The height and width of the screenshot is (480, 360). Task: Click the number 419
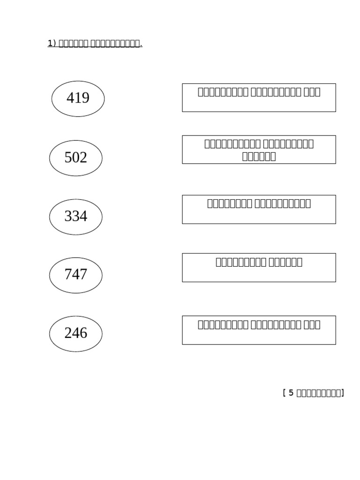[x=78, y=98]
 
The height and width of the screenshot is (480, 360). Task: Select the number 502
[x=75, y=158]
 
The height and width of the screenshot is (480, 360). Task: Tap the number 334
[x=75, y=217]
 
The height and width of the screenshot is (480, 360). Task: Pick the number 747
[x=75, y=275]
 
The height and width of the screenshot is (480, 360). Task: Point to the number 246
[x=75, y=333]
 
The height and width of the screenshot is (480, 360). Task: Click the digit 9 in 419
[x=85, y=98]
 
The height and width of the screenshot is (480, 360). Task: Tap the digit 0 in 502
[x=75, y=158]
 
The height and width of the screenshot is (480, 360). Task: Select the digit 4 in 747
[x=75, y=275]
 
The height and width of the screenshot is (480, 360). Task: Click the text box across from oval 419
[x=259, y=97]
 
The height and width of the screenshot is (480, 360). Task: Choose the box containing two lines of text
[x=259, y=150]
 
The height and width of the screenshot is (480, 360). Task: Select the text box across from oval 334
[x=259, y=209]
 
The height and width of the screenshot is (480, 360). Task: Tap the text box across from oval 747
[x=259, y=267]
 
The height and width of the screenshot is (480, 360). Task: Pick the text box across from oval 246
[x=259, y=330]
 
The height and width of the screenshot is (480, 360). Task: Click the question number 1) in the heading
[x=52, y=44]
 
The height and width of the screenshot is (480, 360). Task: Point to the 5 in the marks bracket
[x=291, y=393]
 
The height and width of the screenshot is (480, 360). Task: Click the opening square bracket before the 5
[x=284, y=393]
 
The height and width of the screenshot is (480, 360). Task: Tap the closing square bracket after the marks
[x=343, y=393]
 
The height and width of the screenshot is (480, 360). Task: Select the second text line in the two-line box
[x=259, y=156]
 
